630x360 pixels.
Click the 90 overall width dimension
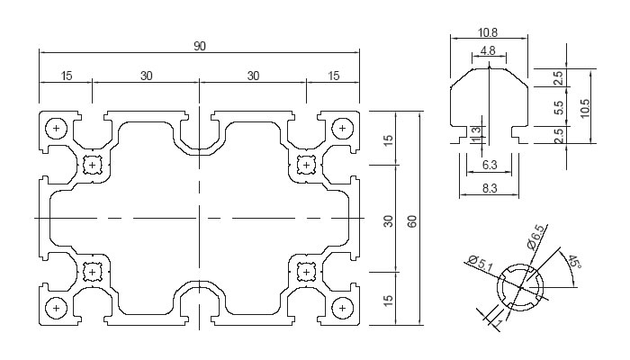(x=199, y=46)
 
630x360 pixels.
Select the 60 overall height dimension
(x=412, y=220)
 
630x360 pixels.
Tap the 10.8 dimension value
(x=488, y=33)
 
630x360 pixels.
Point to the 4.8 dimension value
(x=488, y=51)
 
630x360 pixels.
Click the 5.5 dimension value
(x=559, y=108)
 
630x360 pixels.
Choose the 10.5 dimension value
(x=586, y=108)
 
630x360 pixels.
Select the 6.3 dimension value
(x=490, y=166)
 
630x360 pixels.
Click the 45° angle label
(x=574, y=263)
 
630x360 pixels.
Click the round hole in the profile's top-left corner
(x=58, y=129)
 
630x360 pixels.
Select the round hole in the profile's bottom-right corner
(x=342, y=309)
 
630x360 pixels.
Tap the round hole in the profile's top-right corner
(x=342, y=129)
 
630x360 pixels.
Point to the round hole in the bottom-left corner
(x=58, y=309)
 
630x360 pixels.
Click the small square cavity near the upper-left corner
(x=93, y=165)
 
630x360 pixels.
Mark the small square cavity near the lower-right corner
(x=306, y=272)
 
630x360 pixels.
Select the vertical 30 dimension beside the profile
(x=389, y=220)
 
